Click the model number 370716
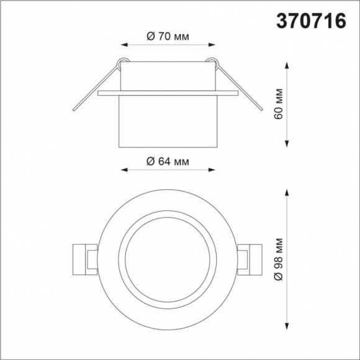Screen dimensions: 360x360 click(x=311, y=20)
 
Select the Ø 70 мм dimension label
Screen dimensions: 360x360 click(x=168, y=36)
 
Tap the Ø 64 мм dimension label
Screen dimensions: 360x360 click(x=168, y=161)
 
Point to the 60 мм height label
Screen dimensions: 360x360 click(x=279, y=104)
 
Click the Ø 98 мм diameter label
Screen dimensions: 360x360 click(x=279, y=259)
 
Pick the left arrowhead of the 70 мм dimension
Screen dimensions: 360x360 click(x=124, y=45)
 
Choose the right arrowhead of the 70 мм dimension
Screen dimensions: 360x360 click(x=212, y=45)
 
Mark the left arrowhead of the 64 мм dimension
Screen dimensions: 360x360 click(x=124, y=170)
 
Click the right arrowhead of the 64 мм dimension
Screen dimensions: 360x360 click(x=212, y=170)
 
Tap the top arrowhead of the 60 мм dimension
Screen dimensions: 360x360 click(x=287, y=65)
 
